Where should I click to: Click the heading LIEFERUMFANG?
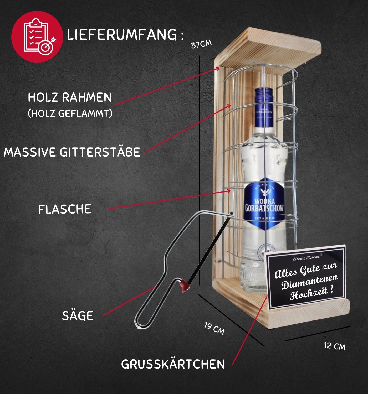122,35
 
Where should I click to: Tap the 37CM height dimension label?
201,44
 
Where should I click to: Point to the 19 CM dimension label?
214,329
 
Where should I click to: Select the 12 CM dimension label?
334,346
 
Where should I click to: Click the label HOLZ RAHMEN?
70,97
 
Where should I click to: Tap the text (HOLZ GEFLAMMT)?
70,113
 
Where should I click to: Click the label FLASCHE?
65,209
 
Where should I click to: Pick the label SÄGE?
78,316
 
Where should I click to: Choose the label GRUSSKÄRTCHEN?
173,364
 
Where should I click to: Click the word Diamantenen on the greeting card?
310,282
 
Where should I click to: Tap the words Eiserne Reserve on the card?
306,258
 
